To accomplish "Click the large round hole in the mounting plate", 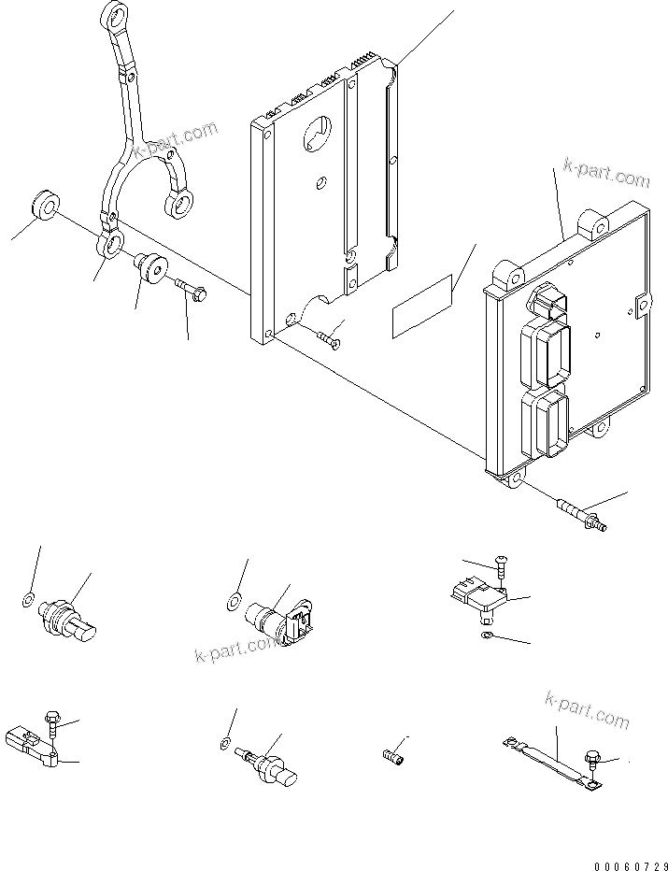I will click(x=316, y=134).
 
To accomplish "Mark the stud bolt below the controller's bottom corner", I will click(x=579, y=514).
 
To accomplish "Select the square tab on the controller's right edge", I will click(x=640, y=303).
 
